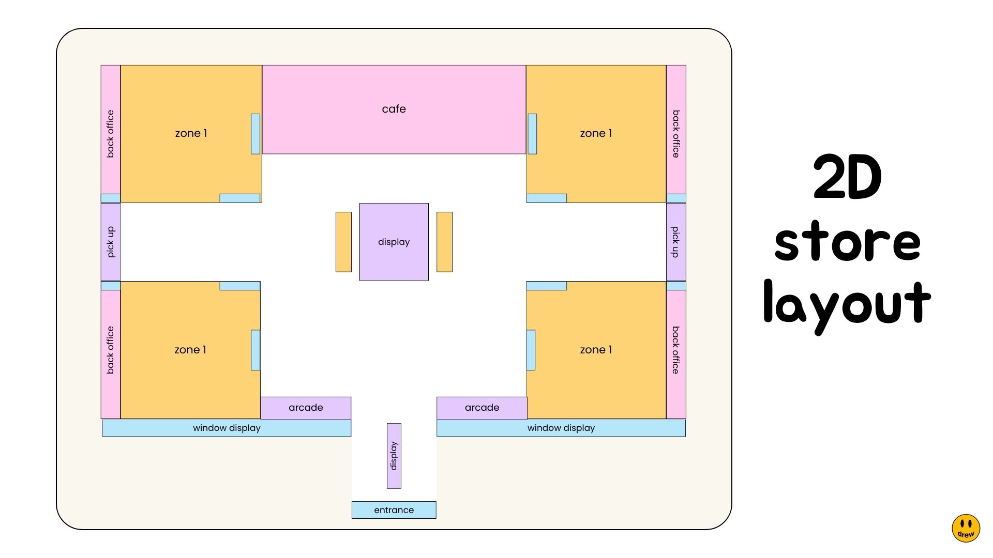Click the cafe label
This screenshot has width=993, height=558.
[394, 109]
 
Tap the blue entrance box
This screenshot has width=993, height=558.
[394, 510]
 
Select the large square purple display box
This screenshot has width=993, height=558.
[394, 242]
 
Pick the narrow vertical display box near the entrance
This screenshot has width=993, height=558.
[394, 456]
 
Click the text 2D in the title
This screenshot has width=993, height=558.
[847, 177]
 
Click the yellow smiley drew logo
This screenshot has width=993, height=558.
[966, 528]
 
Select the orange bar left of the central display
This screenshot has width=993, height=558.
[343, 242]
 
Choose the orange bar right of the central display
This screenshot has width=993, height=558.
[444, 242]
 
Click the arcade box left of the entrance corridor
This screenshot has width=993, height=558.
[306, 408]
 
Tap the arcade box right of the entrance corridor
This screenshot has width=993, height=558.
[482, 408]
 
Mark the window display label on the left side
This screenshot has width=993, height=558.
[227, 428]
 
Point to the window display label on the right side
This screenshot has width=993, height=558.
[561, 428]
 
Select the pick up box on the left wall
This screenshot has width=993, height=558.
[110, 242]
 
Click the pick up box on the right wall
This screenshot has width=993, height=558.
[675, 242]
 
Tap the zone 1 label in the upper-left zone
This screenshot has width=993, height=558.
[191, 133]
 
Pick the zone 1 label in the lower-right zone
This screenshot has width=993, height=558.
[596, 350]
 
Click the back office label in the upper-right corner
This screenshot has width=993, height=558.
[675, 133]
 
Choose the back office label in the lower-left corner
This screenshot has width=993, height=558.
[110, 350]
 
